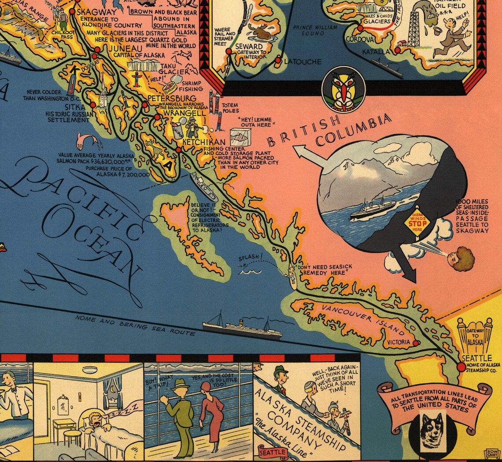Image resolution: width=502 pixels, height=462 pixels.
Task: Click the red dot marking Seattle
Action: [461, 367]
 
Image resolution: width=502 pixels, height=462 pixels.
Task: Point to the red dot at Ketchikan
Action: [178, 150]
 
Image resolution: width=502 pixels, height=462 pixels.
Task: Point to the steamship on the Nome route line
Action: [242, 328]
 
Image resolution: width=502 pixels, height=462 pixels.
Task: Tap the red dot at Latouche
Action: [278, 61]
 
